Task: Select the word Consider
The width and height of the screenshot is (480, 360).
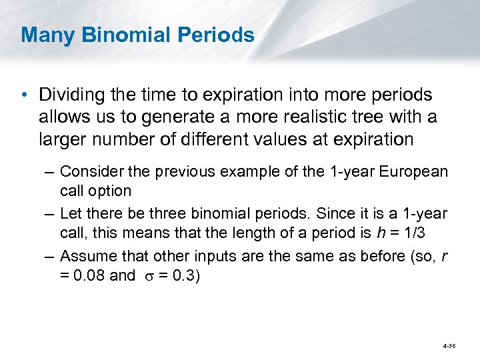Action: (87, 172)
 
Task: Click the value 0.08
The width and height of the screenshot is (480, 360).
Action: (90, 275)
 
